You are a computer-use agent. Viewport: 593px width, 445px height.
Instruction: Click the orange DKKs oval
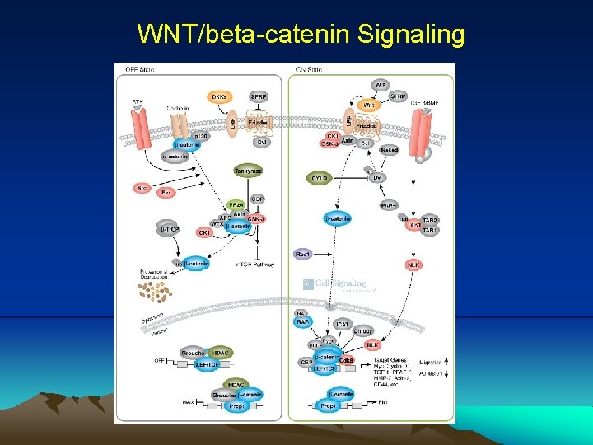220,97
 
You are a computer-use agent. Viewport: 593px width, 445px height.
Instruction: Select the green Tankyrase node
248,171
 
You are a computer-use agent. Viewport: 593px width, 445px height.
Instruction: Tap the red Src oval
142,188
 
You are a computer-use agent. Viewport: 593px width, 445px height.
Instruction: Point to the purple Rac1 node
303,255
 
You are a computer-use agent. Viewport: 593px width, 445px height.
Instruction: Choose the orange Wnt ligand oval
370,105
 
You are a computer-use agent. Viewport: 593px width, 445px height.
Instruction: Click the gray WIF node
381,86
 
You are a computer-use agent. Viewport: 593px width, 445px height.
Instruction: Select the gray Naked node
390,149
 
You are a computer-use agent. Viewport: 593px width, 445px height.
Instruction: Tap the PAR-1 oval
390,204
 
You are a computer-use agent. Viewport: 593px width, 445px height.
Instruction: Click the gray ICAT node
343,322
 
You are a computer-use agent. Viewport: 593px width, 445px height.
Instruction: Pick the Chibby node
363,331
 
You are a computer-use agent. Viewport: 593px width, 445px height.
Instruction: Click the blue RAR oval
302,322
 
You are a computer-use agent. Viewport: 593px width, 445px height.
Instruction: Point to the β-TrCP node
170,228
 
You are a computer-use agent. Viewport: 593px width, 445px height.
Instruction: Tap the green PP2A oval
236,204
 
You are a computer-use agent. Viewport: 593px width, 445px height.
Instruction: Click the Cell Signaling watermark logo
337,285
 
